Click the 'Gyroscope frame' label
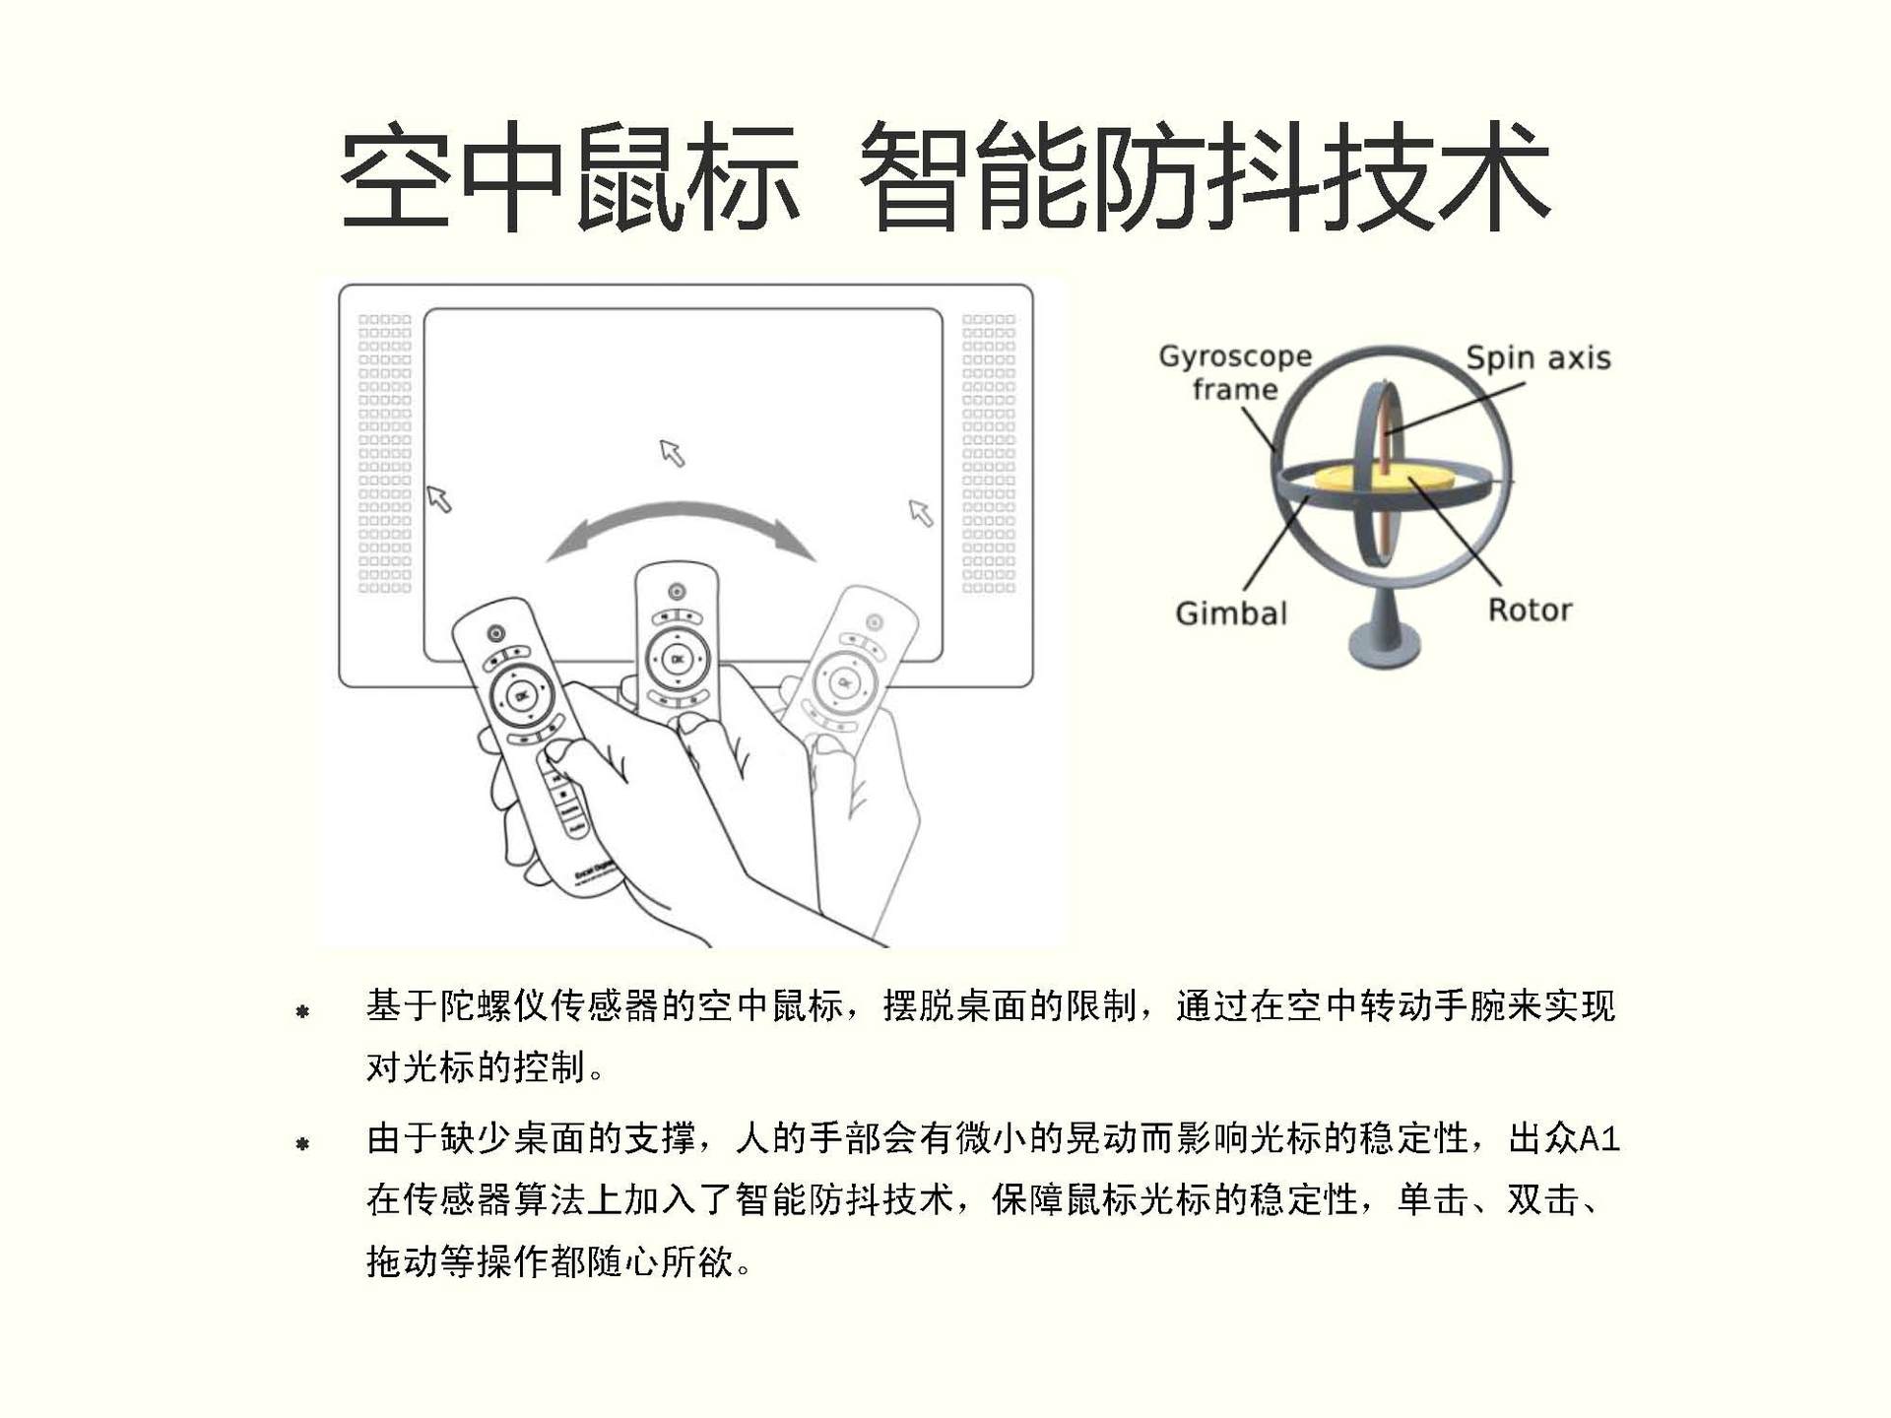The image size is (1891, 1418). (x=1235, y=372)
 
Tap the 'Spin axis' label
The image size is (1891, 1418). (x=1537, y=357)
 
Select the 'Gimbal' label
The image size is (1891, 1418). (x=1230, y=613)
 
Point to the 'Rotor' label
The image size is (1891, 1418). (x=1529, y=611)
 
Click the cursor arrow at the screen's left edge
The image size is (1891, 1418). (x=438, y=499)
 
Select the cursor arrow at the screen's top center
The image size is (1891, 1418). (x=672, y=452)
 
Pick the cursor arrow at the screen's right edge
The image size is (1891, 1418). (x=920, y=512)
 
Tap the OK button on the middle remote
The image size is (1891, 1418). (x=677, y=659)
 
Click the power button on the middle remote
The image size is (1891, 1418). (x=677, y=591)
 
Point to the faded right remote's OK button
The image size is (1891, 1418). (x=843, y=681)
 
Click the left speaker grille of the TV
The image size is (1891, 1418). (x=384, y=453)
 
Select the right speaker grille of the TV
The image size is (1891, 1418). (x=988, y=453)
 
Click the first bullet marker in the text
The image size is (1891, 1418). (x=302, y=1011)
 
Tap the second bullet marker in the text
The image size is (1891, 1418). (x=302, y=1143)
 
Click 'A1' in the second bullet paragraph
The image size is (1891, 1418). (x=1598, y=1139)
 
